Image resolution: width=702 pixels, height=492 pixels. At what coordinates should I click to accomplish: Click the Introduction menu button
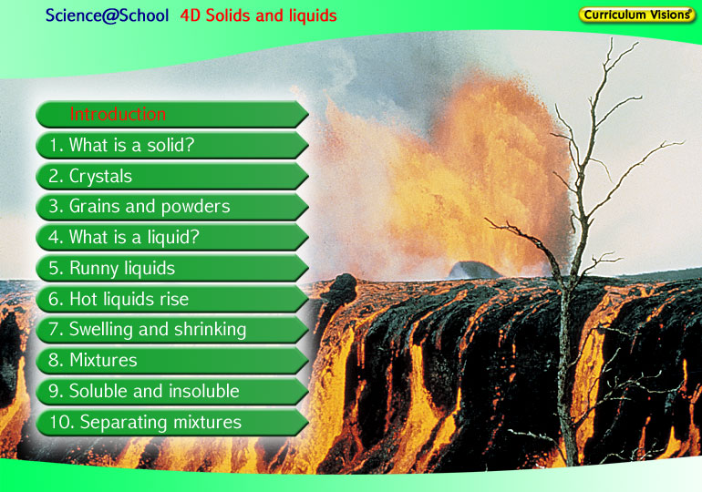pos(172,115)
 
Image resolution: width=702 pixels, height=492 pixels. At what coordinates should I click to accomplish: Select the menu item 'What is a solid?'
pos(172,146)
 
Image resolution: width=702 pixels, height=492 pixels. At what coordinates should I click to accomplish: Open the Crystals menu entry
pos(172,176)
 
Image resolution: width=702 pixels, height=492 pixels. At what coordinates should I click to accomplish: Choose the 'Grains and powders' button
pos(172,207)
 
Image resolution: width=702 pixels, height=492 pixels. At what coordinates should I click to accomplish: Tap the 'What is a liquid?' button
pos(172,238)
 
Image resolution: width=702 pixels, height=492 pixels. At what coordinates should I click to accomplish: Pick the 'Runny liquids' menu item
pos(172,269)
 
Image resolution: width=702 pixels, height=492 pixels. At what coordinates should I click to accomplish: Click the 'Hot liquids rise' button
pos(172,299)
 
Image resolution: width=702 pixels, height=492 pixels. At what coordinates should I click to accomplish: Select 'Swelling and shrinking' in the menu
pos(172,330)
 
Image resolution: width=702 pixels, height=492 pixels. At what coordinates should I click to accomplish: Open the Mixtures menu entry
pos(172,361)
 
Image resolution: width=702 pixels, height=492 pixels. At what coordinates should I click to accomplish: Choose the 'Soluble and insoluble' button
pos(172,392)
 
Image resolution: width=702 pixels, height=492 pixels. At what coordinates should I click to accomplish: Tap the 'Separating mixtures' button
pos(172,422)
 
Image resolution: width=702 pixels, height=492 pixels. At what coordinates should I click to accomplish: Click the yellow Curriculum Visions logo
pos(636,15)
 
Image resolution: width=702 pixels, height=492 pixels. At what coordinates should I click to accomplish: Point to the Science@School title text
pos(107,15)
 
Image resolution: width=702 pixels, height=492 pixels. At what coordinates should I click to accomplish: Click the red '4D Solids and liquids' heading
pos(258,15)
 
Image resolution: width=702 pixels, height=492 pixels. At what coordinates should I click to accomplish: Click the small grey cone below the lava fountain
pos(474,271)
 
